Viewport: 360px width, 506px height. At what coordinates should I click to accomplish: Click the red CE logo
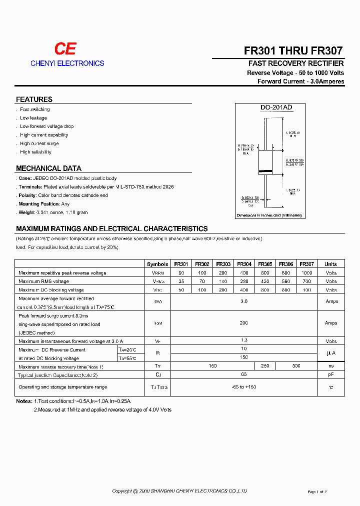pos(65,48)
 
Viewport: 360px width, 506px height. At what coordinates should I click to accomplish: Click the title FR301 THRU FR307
pos(293,50)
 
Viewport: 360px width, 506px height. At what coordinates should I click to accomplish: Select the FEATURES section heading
pos(34,99)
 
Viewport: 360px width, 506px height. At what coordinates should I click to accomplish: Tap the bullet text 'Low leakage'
pos(33,118)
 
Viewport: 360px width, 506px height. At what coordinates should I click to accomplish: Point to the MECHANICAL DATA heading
pos(48,168)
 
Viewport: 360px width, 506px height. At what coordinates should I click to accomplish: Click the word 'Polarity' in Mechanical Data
pos(27,195)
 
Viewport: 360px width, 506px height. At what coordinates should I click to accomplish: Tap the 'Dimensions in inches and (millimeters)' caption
pos(269,215)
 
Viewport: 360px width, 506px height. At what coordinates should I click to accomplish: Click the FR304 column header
pos(244,264)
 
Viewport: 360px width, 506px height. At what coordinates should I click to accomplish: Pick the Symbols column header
pos(157,264)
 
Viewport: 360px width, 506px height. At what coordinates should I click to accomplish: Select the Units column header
pos(330,264)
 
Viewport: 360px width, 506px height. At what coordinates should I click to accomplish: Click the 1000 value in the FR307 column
pos(306,273)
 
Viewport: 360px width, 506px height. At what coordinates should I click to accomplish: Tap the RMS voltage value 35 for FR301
pos(181,281)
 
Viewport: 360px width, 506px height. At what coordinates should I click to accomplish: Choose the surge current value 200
pos(243,323)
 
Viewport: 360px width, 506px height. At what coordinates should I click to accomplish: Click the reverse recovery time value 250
pos(265,366)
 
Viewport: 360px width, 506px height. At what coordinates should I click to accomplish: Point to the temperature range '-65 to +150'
pos(243,387)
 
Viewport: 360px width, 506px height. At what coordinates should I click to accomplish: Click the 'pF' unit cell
pos(330,374)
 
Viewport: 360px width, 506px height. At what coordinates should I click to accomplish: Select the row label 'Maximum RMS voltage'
pos(44,281)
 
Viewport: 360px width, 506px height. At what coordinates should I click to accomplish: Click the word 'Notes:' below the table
pos(23,401)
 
